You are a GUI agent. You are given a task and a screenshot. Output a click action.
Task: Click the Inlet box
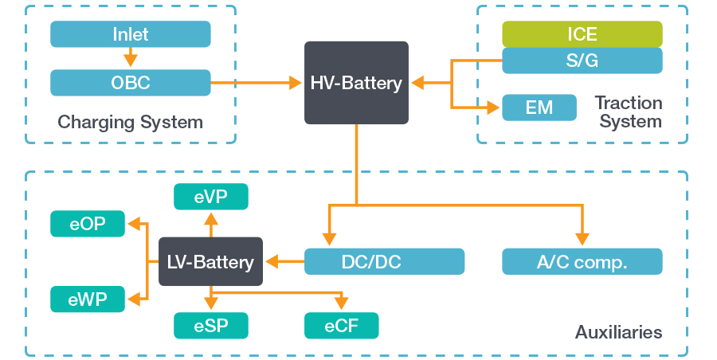130,34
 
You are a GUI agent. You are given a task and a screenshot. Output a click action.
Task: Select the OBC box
130,82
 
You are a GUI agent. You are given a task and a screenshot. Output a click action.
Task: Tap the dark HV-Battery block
356,83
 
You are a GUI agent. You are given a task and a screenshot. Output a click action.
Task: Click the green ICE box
582,34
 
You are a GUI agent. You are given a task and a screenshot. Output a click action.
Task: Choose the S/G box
582,61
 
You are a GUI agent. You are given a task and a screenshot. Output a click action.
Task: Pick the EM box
539,108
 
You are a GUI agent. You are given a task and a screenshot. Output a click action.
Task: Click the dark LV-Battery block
210,261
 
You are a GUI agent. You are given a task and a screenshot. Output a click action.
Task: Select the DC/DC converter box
384,261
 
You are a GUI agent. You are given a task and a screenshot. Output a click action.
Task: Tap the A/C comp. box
582,261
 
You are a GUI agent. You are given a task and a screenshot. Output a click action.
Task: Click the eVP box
210,197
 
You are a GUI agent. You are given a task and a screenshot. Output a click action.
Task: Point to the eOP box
88,224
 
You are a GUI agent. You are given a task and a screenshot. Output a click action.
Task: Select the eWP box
88,299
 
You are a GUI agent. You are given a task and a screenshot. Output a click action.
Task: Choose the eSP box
210,325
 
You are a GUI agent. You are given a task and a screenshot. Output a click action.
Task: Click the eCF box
341,325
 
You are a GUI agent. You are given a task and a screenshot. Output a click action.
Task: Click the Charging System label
130,123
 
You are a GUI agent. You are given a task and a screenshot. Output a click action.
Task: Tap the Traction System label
629,112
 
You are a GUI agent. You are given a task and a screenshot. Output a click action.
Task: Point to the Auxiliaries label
618,332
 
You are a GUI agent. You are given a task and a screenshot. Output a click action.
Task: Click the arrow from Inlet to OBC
130,58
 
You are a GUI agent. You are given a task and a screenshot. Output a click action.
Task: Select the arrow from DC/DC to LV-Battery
284,261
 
